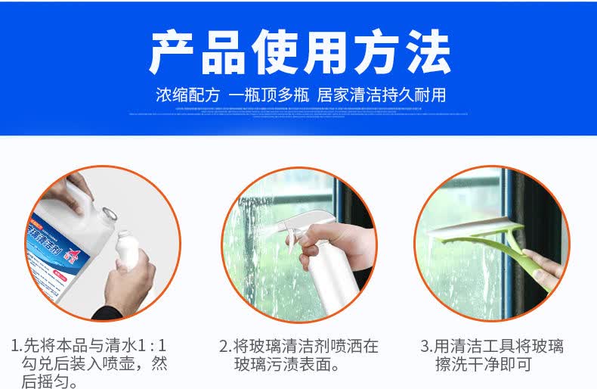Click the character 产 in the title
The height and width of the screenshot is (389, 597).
175,52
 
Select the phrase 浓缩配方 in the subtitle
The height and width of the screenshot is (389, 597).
188,95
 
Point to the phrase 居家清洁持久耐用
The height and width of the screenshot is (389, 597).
382,95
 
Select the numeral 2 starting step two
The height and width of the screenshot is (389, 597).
224,347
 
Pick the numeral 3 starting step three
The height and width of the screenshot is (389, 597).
425,347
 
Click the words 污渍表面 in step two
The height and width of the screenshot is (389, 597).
298,364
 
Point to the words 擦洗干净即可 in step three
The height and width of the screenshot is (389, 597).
483,364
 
